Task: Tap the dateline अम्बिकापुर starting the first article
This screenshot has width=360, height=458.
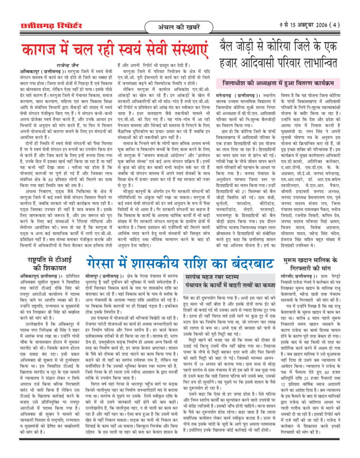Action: point(34,70)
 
